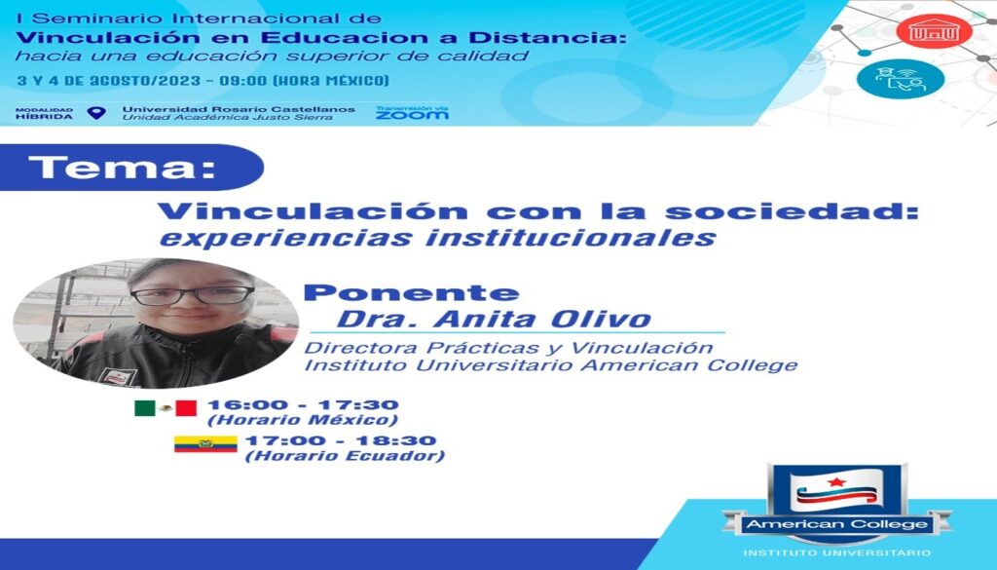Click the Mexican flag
166,408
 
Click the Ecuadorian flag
205,444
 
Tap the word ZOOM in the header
412,115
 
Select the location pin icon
96,113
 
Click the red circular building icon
934,30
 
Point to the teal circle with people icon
900,79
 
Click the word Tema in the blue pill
122,168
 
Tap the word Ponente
412,292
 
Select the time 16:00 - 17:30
303,404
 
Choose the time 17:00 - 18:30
341,440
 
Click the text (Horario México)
303,420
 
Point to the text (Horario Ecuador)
345,455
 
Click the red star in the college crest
836,481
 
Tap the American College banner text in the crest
836,524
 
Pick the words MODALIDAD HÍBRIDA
45,113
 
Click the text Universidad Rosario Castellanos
239,109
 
